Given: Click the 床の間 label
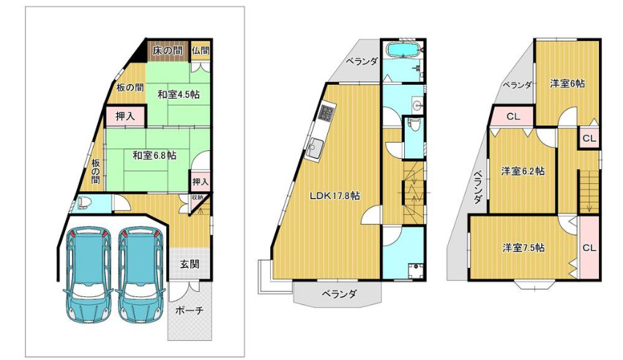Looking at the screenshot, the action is tap(167, 50).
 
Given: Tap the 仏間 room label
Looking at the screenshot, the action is tap(201, 50).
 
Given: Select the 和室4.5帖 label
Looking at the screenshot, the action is tap(179, 94).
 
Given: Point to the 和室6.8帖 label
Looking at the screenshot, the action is tap(154, 155).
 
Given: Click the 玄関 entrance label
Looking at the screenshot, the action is tap(190, 264).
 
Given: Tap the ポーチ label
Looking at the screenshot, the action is tap(189, 310).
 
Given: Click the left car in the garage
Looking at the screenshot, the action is tap(88, 275).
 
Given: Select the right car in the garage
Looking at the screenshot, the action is tap(141, 275).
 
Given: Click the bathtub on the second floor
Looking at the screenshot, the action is tap(403, 50).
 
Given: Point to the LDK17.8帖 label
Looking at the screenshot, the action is tap(335, 195).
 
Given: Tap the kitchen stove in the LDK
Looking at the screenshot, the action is tap(328, 113).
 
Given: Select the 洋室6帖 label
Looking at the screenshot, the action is tap(567, 83).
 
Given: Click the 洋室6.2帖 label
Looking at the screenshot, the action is tap(523, 171).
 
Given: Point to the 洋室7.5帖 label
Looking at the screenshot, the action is tap(523, 247).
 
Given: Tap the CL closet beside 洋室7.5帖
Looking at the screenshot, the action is tap(589, 247).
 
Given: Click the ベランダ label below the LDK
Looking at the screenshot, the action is tap(339, 294).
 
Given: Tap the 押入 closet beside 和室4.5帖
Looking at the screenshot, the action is tap(125, 116).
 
